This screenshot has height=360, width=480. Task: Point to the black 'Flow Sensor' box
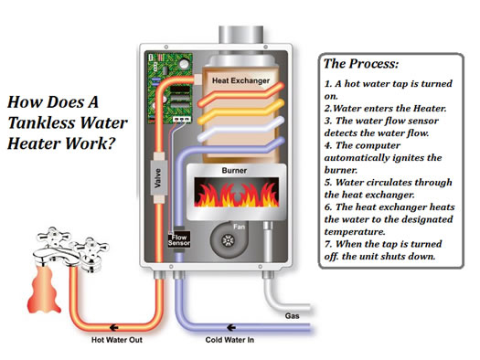pyautogui.click(x=180, y=241)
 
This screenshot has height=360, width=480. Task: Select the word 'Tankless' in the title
pyautogui.click(x=47, y=125)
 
